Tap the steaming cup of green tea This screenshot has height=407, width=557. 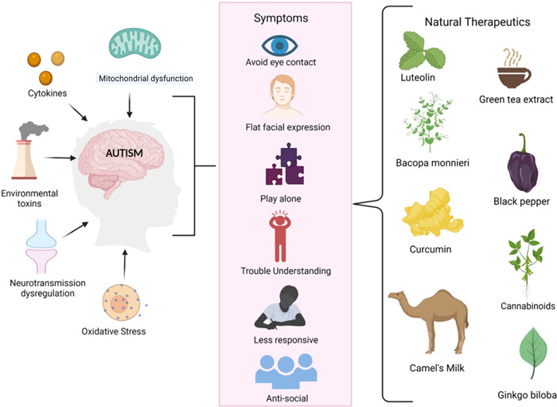coord(514,72)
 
